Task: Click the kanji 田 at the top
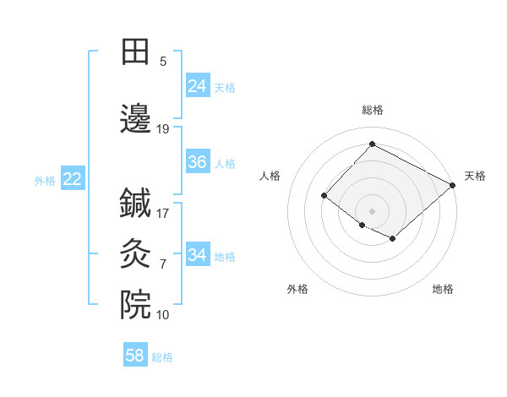pos(135,52)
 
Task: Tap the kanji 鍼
pos(135,203)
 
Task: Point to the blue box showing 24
pos(198,85)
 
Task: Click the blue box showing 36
pos(198,162)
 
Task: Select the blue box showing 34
pos(198,255)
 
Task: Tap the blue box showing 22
pos(72,178)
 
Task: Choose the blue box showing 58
pos(135,356)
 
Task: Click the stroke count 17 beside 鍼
pos(163,213)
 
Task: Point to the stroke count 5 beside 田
pos(163,62)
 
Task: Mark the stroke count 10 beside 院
pos(163,315)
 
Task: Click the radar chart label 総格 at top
pos(373,110)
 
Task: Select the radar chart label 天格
pos(475,176)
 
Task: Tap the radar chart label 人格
pos(270,176)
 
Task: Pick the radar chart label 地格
pos(443,289)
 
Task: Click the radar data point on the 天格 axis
pos(454,185)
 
